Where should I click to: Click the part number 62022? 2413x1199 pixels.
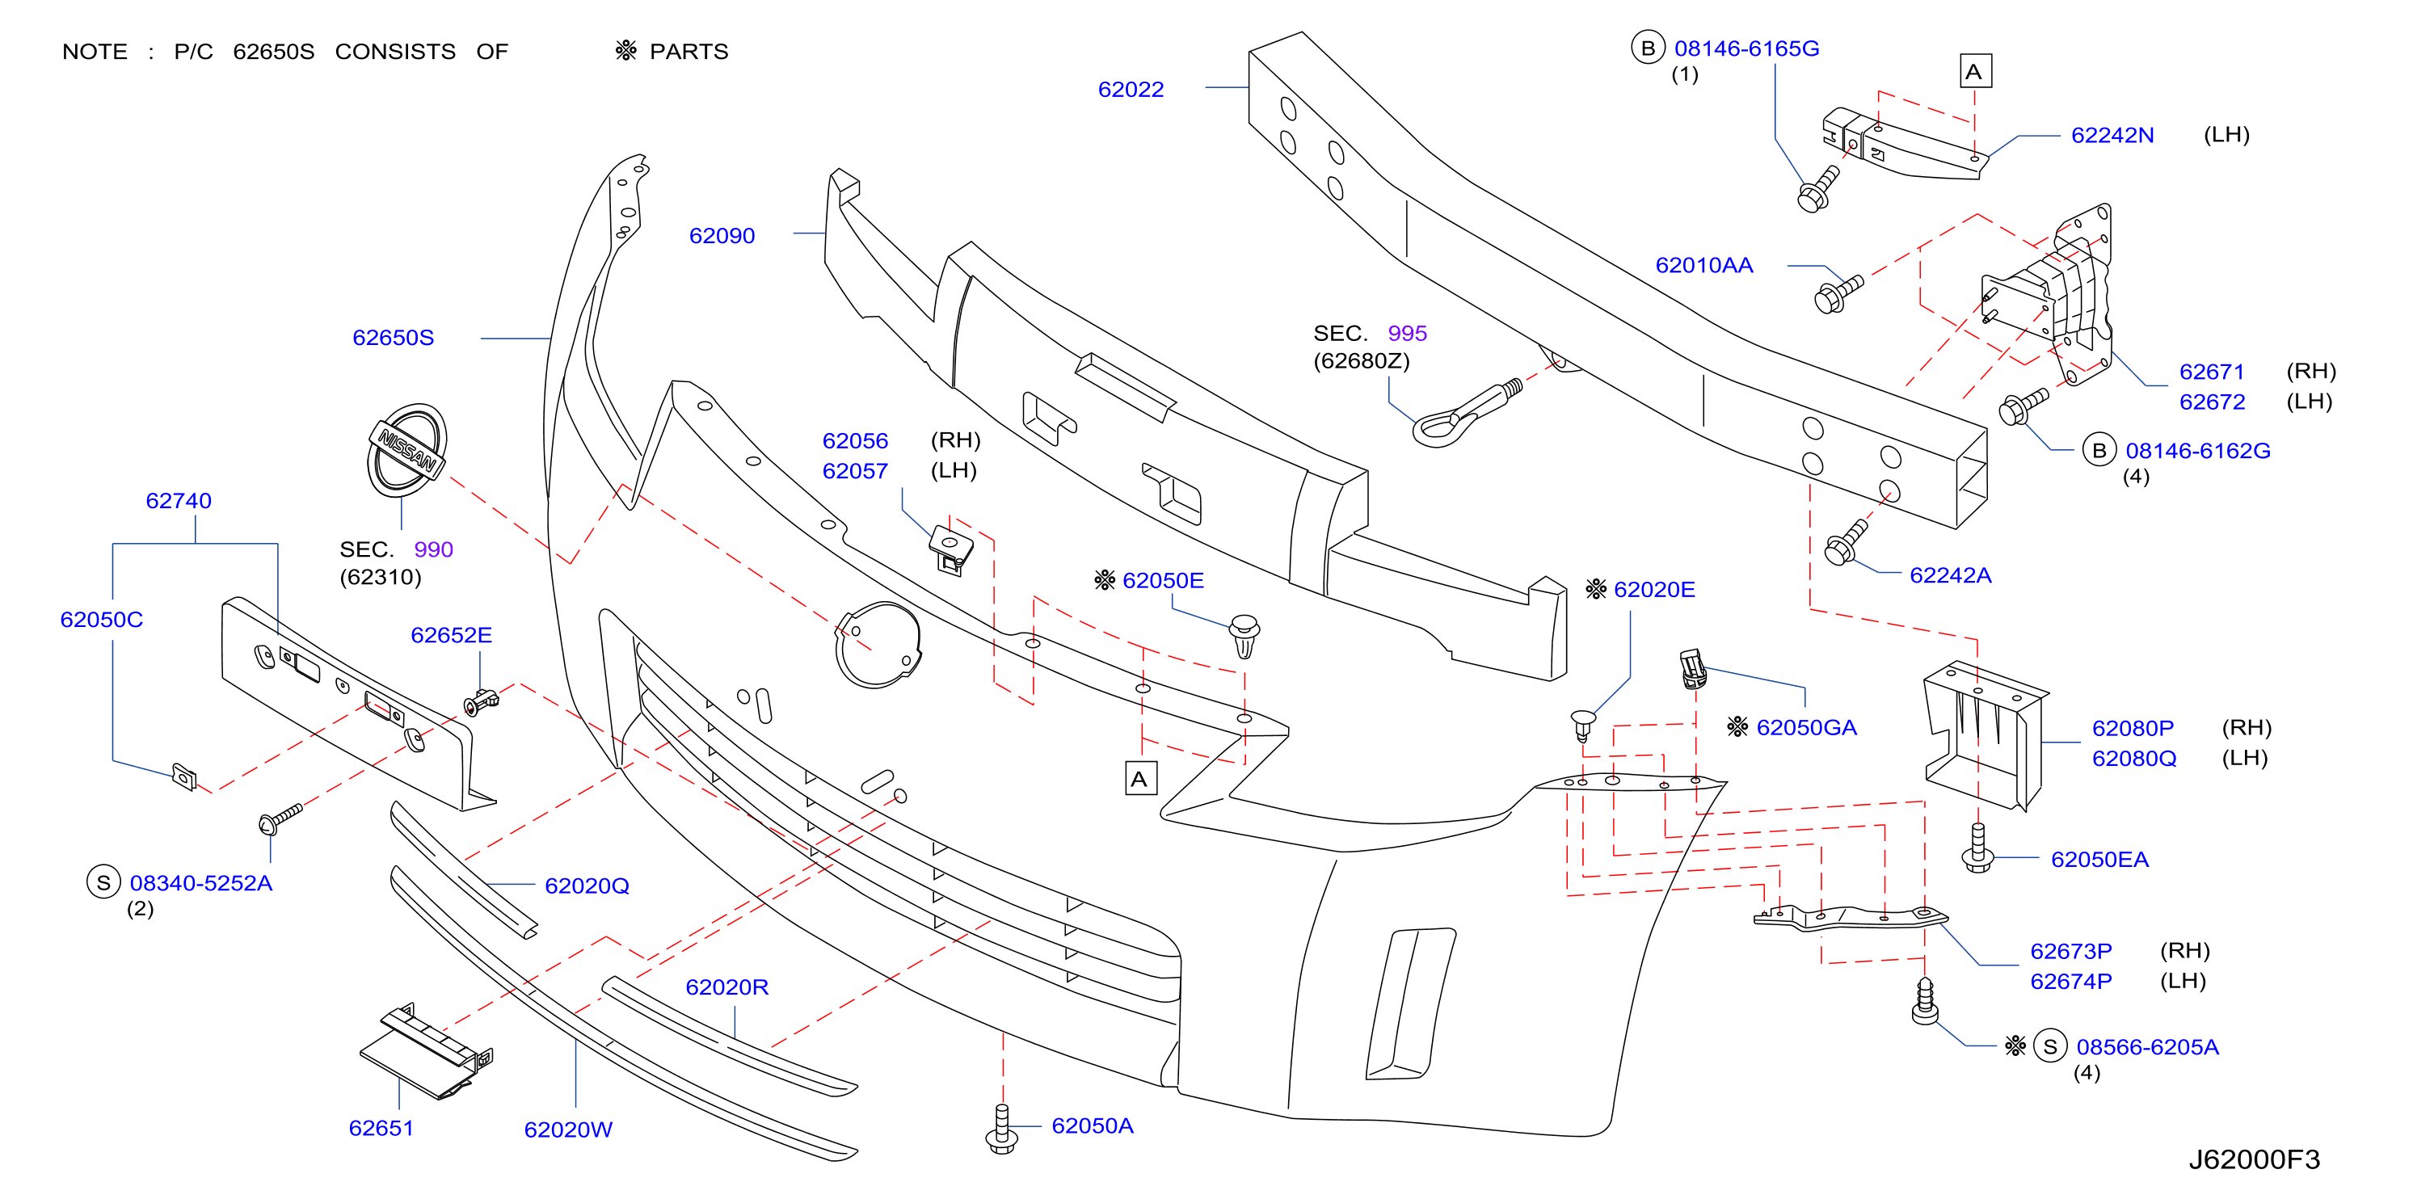click(1131, 90)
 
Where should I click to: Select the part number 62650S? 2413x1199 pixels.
click(394, 339)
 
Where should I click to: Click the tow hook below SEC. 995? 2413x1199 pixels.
click(1466, 413)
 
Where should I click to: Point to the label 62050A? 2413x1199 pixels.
click(1093, 1126)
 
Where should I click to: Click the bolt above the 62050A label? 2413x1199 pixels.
click(1002, 1130)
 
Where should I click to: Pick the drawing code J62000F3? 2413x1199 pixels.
click(2254, 1159)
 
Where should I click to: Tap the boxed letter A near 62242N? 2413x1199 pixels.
click(1976, 72)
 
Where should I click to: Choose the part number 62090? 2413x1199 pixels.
click(722, 236)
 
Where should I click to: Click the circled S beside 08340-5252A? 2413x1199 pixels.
click(103, 882)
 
